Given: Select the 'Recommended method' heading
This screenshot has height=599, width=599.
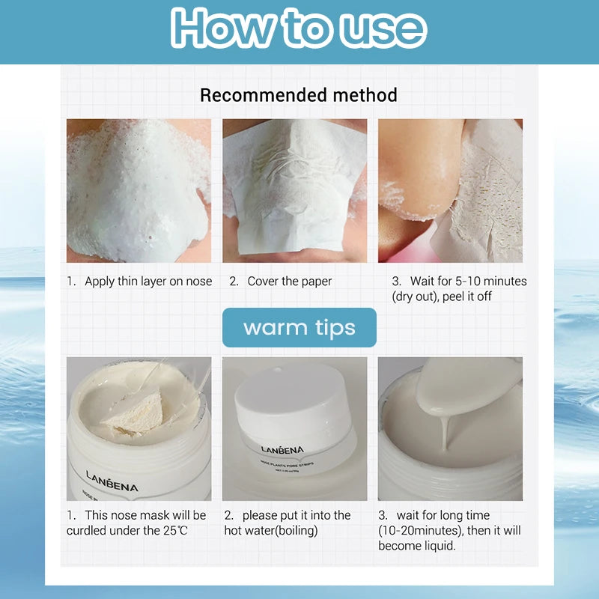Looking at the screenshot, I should click(299, 95).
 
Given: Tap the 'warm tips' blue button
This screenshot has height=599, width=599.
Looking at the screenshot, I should click(299, 327).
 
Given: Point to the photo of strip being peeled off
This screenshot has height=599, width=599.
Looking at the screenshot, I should click(450, 191).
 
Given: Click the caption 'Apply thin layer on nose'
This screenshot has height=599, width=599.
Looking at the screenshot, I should click(148, 282).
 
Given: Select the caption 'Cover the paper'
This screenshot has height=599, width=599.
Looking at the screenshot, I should click(290, 282).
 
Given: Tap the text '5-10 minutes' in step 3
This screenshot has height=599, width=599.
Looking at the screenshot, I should click(490, 282).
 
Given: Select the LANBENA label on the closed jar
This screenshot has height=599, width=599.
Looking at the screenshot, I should click(282, 450).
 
